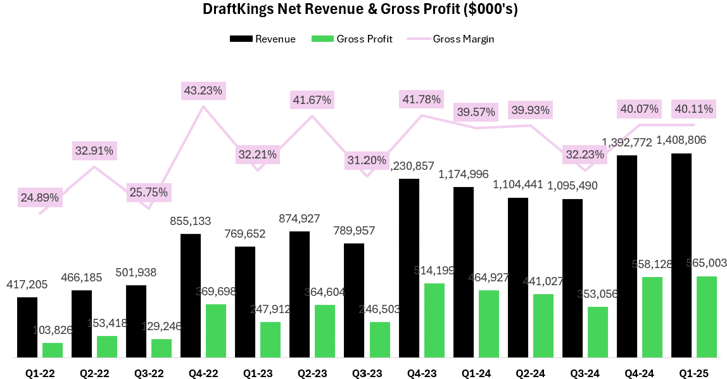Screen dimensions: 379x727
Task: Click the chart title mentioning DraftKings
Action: pyautogui.click(x=360, y=10)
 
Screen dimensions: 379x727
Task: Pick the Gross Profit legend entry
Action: pyautogui.click(x=352, y=39)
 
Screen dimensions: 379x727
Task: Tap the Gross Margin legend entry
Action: pyautogui.click(x=452, y=39)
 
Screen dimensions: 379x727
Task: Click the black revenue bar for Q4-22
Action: pyautogui.click(x=191, y=295)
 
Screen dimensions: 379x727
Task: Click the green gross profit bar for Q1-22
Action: pyautogui.click(x=53, y=350)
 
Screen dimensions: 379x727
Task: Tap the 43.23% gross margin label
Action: pyautogui.click(x=202, y=91)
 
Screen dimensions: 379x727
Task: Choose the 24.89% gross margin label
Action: pyautogui.click(x=40, y=198)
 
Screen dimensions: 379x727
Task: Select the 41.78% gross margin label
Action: pyautogui.click(x=421, y=99)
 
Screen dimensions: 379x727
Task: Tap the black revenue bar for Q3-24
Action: pyautogui.click(x=572, y=278)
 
